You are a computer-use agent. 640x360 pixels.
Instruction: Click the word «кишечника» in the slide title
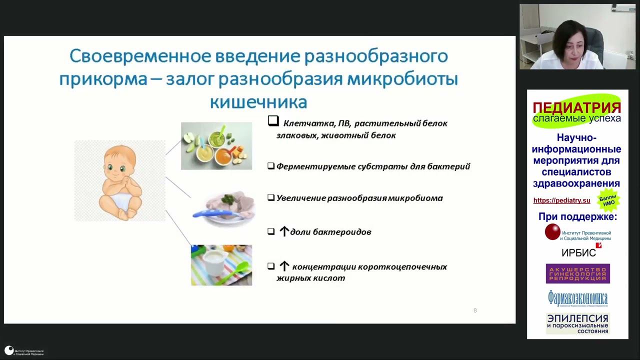click(258, 101)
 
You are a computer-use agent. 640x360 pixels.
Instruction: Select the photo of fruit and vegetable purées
click(216, 145)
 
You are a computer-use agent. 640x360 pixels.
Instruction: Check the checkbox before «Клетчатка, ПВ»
click(273, 121)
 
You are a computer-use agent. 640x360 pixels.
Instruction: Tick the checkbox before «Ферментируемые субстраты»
click(271, 166)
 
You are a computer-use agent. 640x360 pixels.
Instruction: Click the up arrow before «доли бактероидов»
click(284, 231)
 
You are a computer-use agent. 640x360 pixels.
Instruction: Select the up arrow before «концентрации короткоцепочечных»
click(284, 266)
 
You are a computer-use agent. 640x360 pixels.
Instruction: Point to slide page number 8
click(475, 310)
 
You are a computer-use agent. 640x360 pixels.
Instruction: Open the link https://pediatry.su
click(561, 200)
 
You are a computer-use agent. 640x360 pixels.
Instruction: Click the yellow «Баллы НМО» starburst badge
click(608, 199)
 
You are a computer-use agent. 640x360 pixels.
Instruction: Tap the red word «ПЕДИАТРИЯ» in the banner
click(576, 107)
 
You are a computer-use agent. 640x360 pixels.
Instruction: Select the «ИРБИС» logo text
click(578, 252)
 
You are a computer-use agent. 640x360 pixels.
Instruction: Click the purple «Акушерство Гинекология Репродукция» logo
click(577, 273)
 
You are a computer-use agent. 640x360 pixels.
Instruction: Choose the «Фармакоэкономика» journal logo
click(577, 298)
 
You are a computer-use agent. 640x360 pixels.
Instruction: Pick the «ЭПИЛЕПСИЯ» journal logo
click(577, 323)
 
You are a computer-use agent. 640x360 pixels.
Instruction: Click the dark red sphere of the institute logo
click(552, 232)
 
